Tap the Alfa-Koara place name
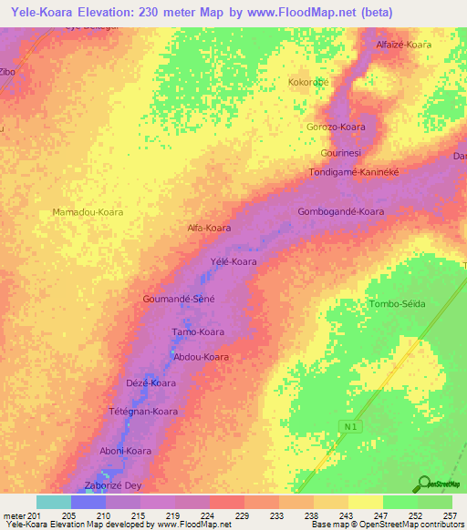209,228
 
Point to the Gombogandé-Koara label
340,211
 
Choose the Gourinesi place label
341,152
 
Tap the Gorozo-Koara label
336,127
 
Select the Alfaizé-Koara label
403,44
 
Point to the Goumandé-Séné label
179,299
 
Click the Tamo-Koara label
198,332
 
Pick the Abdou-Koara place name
201,357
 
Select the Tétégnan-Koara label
143,412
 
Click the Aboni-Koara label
125,451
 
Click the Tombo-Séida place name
396,303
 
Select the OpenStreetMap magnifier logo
424,483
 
